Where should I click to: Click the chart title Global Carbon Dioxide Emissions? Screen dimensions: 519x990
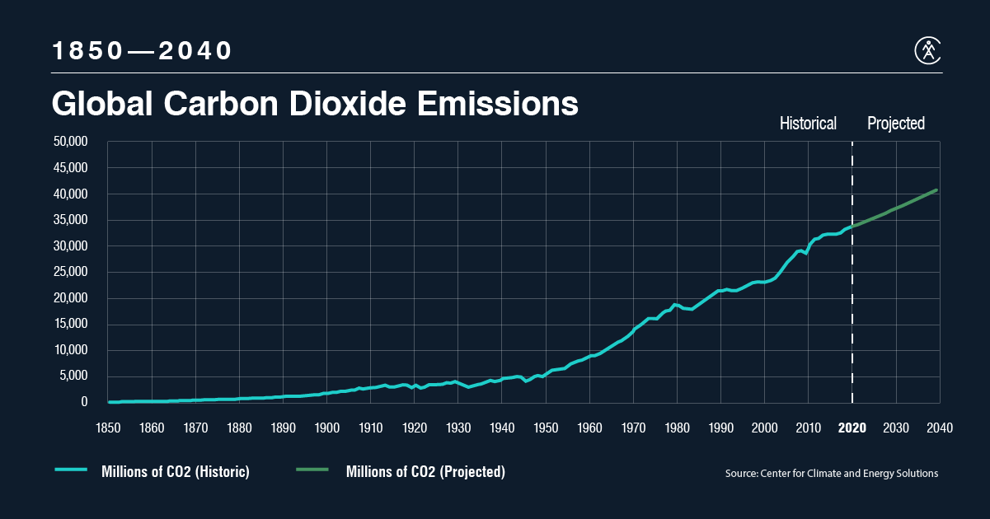point(314,105)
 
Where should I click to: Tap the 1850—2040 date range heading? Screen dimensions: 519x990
point(143,51)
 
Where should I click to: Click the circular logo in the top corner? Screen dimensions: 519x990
point(929,50)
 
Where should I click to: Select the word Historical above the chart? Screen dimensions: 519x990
point(808,124)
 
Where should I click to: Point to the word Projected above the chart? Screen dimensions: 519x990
point(896,124)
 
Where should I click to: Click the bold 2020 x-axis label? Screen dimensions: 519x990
point(852,428)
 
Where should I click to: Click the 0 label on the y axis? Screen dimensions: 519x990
point(84,402)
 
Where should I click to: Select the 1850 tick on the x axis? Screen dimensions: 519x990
point(108,428)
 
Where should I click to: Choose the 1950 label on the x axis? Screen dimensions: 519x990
point(546,428)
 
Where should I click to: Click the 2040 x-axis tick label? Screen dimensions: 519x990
point(940,428)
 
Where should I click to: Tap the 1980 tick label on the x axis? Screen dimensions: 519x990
point(677,428)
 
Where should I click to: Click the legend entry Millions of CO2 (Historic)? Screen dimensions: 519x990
point(175,472)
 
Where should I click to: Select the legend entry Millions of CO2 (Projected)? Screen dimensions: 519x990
point(425,472)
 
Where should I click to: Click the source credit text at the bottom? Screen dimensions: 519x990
point(832,474)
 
